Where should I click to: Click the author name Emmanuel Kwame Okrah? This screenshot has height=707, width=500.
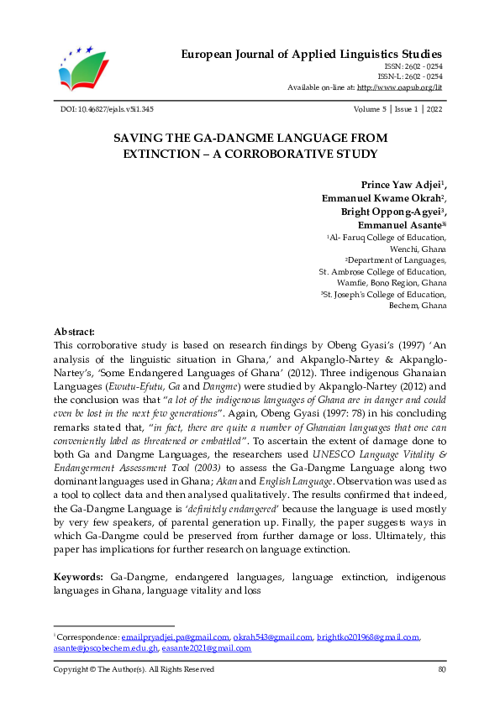click(382, 199)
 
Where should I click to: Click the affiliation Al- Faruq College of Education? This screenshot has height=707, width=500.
click(388, 238)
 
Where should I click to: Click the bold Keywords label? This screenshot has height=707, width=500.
click(79, 578)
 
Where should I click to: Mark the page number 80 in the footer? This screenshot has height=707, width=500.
click(441, 669)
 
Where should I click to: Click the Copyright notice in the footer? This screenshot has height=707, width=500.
click(134, 669)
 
